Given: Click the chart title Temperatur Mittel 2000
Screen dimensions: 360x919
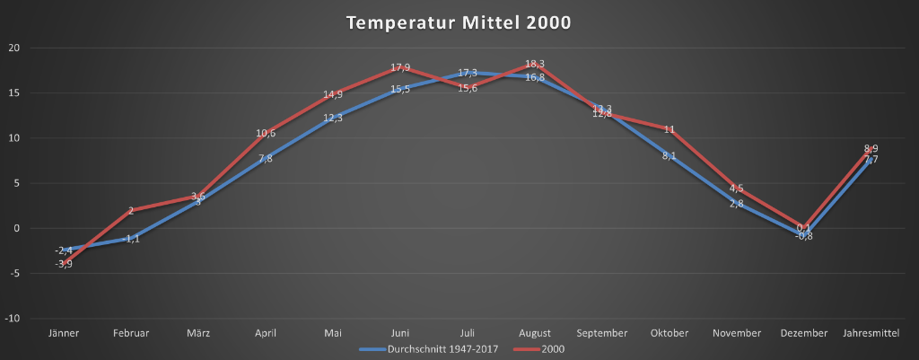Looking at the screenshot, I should [x=459, y=22].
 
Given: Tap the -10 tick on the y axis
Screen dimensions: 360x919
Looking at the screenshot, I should [x=13, y=319].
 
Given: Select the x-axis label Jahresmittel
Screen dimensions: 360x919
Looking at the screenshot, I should [x=871, y=333].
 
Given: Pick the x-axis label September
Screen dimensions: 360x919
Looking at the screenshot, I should [x=602, y=333].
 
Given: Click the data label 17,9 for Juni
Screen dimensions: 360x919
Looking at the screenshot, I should [x=400, y=67].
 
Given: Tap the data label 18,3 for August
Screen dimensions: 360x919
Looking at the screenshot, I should [x=535, y=64].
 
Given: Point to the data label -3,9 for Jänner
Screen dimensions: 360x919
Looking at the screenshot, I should [x=63, y=264].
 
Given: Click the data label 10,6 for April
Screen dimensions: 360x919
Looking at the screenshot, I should [x=266, y=133].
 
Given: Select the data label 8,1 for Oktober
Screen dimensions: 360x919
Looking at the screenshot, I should [x=670, y=155].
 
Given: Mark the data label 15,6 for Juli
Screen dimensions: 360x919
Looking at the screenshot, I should [x=468, y=87].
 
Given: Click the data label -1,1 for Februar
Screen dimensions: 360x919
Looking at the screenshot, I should [x=131, y=239].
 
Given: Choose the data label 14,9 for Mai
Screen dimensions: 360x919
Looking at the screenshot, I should [x=333, y=94].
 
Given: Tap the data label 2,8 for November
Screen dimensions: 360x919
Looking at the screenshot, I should [x=737, y=204].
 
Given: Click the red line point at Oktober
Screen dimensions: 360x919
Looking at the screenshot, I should [x=670, y=129].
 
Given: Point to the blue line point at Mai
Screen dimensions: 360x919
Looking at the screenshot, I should [x=333, y=118].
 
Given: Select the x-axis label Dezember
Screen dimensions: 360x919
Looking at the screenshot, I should [x=804, y=333].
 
